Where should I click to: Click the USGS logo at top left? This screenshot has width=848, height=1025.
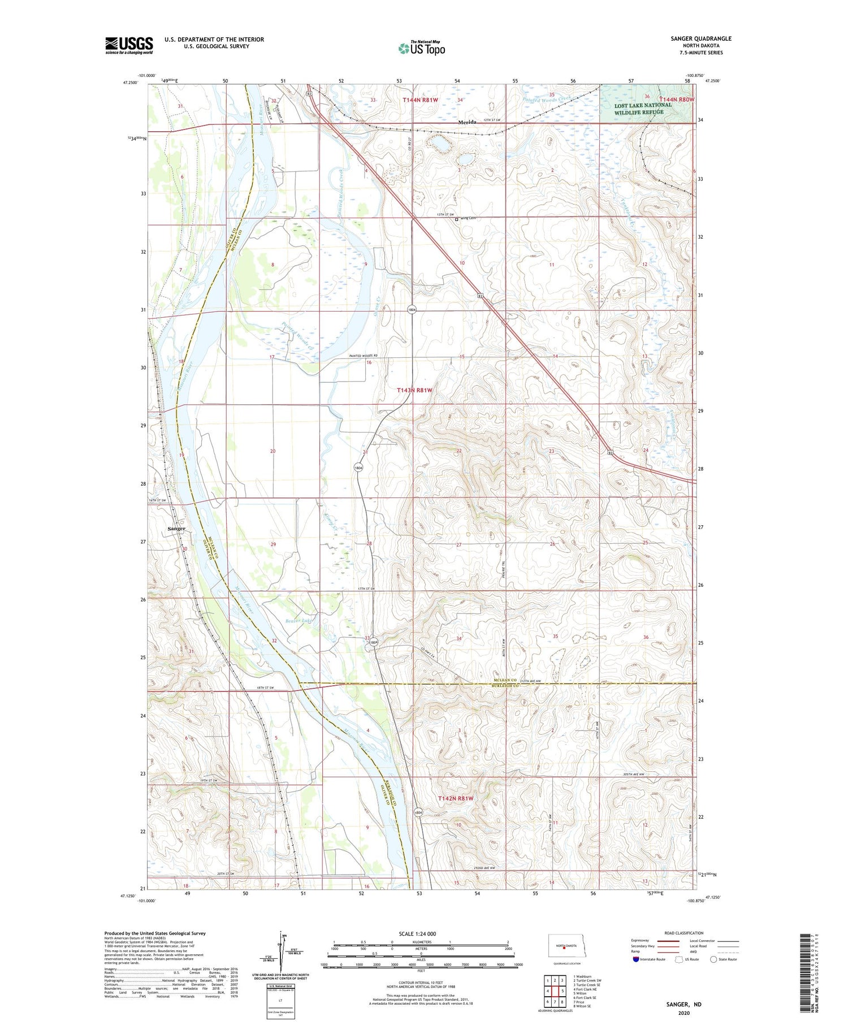[129, 45]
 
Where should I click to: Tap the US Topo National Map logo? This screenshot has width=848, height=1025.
[421, 49]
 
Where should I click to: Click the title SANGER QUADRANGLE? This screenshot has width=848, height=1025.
[700, 38]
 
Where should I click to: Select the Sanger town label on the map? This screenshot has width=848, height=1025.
[176, 529]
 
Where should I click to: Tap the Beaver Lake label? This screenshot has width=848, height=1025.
[298, 621]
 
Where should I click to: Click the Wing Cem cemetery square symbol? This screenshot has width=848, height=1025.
[457, 220]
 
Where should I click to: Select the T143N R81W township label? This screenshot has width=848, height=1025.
[414, 390]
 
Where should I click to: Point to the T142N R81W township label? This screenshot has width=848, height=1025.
[455, 798]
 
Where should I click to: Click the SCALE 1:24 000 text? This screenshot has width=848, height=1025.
[417, 933]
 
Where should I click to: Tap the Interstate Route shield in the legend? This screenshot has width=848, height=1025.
[637, 959]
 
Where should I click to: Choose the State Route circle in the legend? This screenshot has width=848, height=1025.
[713, 959]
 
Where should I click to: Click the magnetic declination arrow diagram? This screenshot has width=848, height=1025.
[281, 950]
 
